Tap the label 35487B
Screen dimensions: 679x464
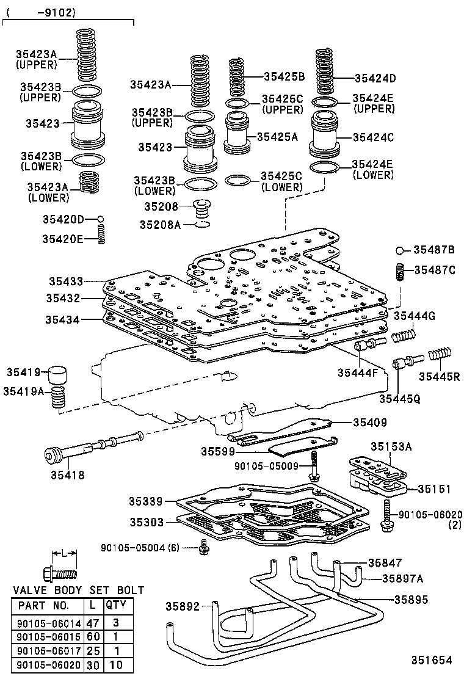(x=434, y=250)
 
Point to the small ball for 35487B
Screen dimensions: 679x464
(x=401, y=250)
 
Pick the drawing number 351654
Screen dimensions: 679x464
(x=431, y=660)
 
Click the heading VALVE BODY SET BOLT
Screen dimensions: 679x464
(x=78, y=590)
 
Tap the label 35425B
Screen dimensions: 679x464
(x=284, y=77)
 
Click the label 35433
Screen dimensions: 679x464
(x=66, y=281)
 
